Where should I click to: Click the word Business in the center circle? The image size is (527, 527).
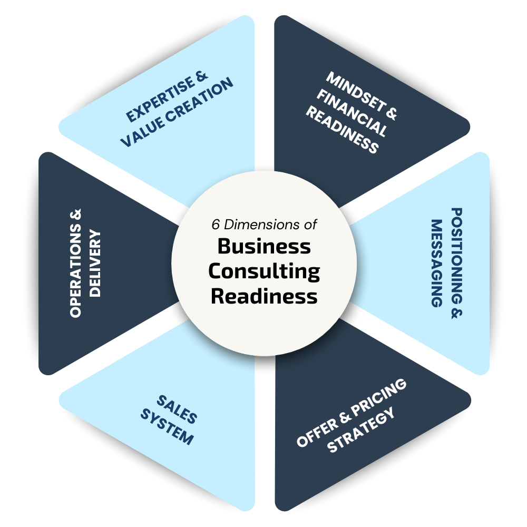264,246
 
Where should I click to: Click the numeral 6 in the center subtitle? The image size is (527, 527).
215,223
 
